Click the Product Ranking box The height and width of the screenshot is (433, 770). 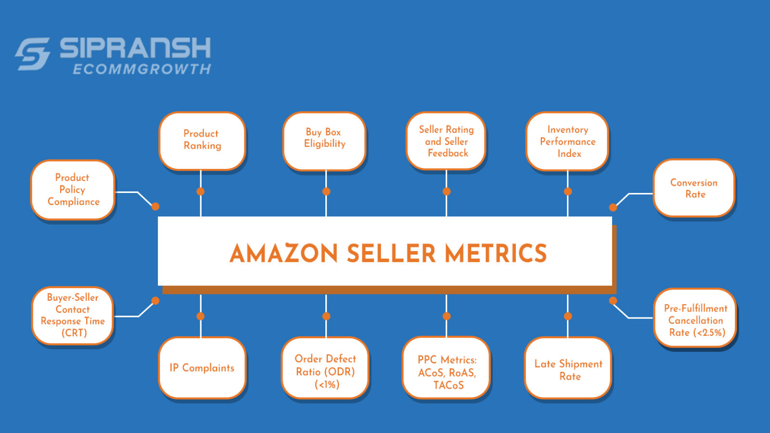202,140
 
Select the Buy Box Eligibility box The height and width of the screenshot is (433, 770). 324,140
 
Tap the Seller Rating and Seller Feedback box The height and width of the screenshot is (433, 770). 446,141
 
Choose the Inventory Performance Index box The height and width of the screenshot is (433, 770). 567,141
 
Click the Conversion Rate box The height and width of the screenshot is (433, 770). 694,188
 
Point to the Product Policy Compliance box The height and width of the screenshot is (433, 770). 73,190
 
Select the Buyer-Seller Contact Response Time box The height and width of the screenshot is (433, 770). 73,316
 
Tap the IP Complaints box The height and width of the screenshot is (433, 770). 202,368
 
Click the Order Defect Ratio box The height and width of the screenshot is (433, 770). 325,371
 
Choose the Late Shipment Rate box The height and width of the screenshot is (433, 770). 568,370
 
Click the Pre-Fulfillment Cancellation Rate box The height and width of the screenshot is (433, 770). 695,320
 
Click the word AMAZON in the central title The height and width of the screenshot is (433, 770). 284,254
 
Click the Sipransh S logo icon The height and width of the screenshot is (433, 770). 33,54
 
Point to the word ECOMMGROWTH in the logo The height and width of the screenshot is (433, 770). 142,69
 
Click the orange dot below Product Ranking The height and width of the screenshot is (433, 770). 201,191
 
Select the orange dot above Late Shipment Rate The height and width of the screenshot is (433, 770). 568,316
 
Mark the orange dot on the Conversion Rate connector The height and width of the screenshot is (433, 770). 613,207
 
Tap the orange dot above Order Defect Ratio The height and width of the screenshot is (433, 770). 326,316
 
